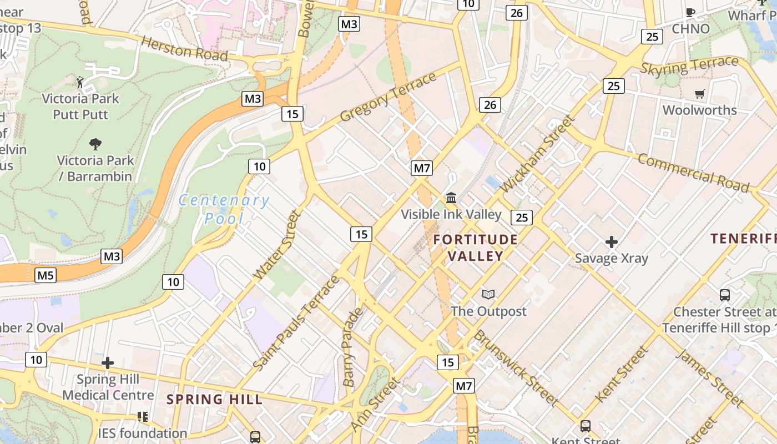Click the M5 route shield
coord(46,275)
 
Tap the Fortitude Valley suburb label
coord(476,248)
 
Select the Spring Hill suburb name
coord(214,399)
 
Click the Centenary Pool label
coord(224,209)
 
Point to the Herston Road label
coord(184,48)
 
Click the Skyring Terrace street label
coord(689,66)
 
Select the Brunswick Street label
coord(516,367)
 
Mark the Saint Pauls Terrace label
coord(296,322)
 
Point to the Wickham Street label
coord(538,153)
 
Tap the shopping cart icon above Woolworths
coord(699,94)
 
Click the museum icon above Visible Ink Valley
coord(451,198)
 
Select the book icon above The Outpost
coord(488,294)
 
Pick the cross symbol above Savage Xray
coord(612,242)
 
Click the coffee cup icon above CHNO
coord(690,12)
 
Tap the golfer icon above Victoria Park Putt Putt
coord(80,82)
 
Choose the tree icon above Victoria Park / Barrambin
coord(95,144)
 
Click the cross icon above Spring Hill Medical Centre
coord(108,364)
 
